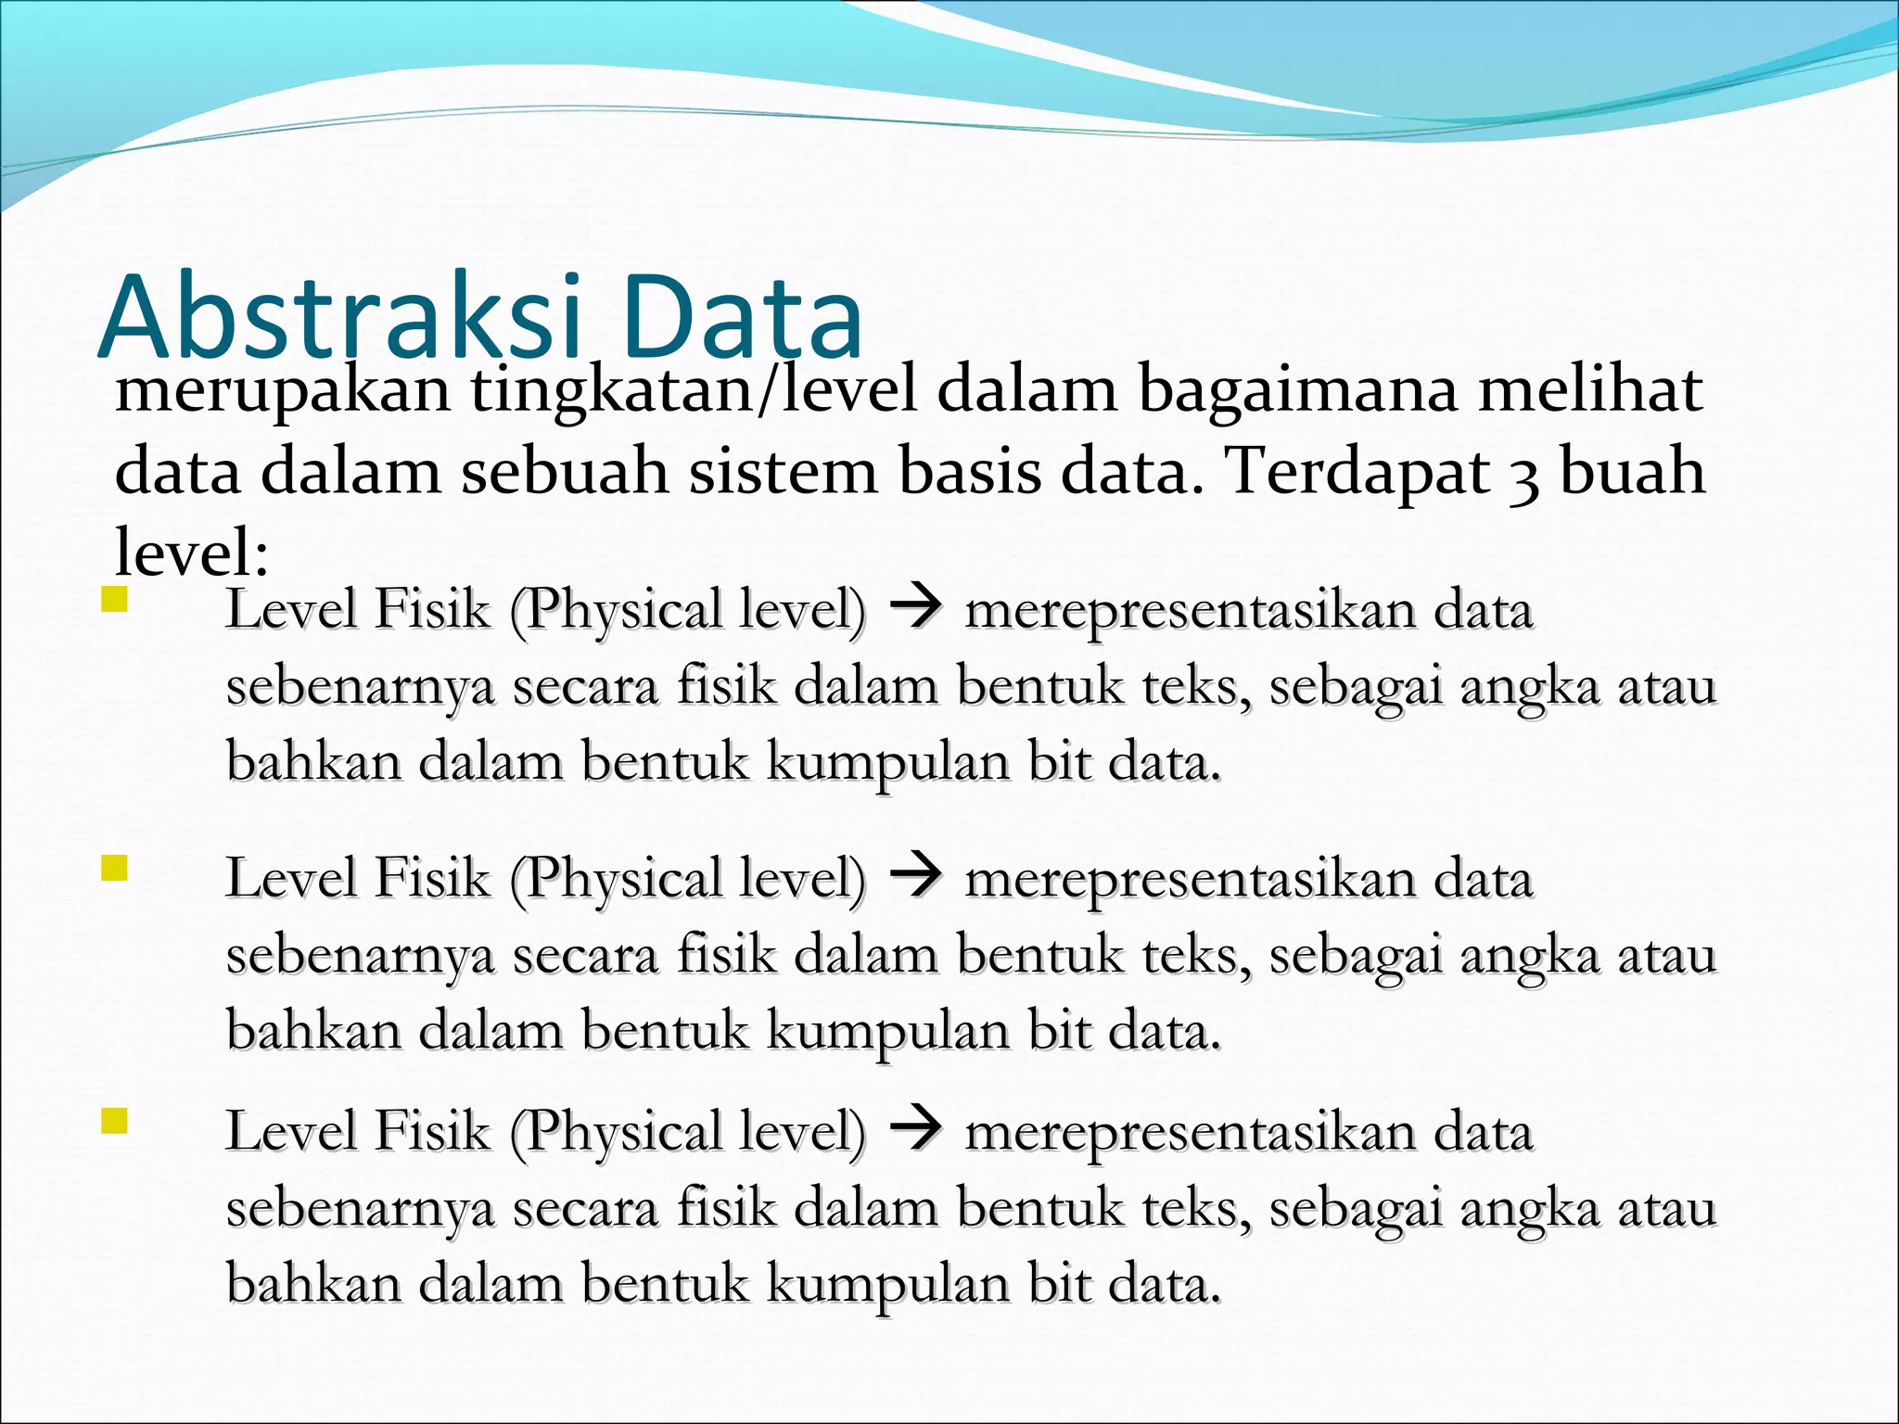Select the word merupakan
click(x=282, y=389)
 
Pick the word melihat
click(x=1590, y=389)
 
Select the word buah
click(x=1632, y=471)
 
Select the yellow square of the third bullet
click(x=114, y=1121)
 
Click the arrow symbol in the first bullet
click(x=915, y=608)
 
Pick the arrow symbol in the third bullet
click(x=915, y=1130)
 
